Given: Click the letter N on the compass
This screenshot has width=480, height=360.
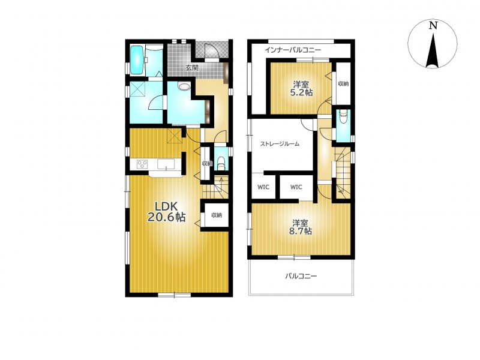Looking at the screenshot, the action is (433, 25).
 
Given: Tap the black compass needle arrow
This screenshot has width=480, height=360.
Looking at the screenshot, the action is (433, 50).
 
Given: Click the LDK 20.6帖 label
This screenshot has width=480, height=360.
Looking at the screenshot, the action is (167, 212).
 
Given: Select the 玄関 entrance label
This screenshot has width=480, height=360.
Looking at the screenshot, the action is (192, 68).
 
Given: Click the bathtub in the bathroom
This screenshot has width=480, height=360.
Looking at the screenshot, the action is (137, 60).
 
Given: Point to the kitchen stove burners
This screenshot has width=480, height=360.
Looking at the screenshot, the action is (142, 164).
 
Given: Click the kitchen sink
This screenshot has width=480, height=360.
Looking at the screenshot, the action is (166, 163).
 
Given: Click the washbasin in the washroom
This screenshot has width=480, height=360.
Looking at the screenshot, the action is (184, 86).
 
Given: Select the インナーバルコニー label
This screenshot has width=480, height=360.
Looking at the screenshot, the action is (293, 50).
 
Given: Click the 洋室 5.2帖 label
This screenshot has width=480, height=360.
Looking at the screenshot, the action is (301, 88).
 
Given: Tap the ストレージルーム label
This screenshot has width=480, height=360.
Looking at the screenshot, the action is (280, 143).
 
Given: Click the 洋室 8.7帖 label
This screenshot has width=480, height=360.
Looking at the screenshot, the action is (300, 227).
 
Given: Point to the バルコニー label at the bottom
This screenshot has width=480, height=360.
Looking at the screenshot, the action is (301, 276).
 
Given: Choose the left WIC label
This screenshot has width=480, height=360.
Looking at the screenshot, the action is (263, 187).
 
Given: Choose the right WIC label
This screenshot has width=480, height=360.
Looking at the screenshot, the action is (296, 187).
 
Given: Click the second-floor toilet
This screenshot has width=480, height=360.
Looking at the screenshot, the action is (343, 116).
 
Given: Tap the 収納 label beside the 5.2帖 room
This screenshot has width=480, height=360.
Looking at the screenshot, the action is (343, 83).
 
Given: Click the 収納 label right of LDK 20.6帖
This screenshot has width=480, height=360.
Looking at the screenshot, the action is (217, 215).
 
